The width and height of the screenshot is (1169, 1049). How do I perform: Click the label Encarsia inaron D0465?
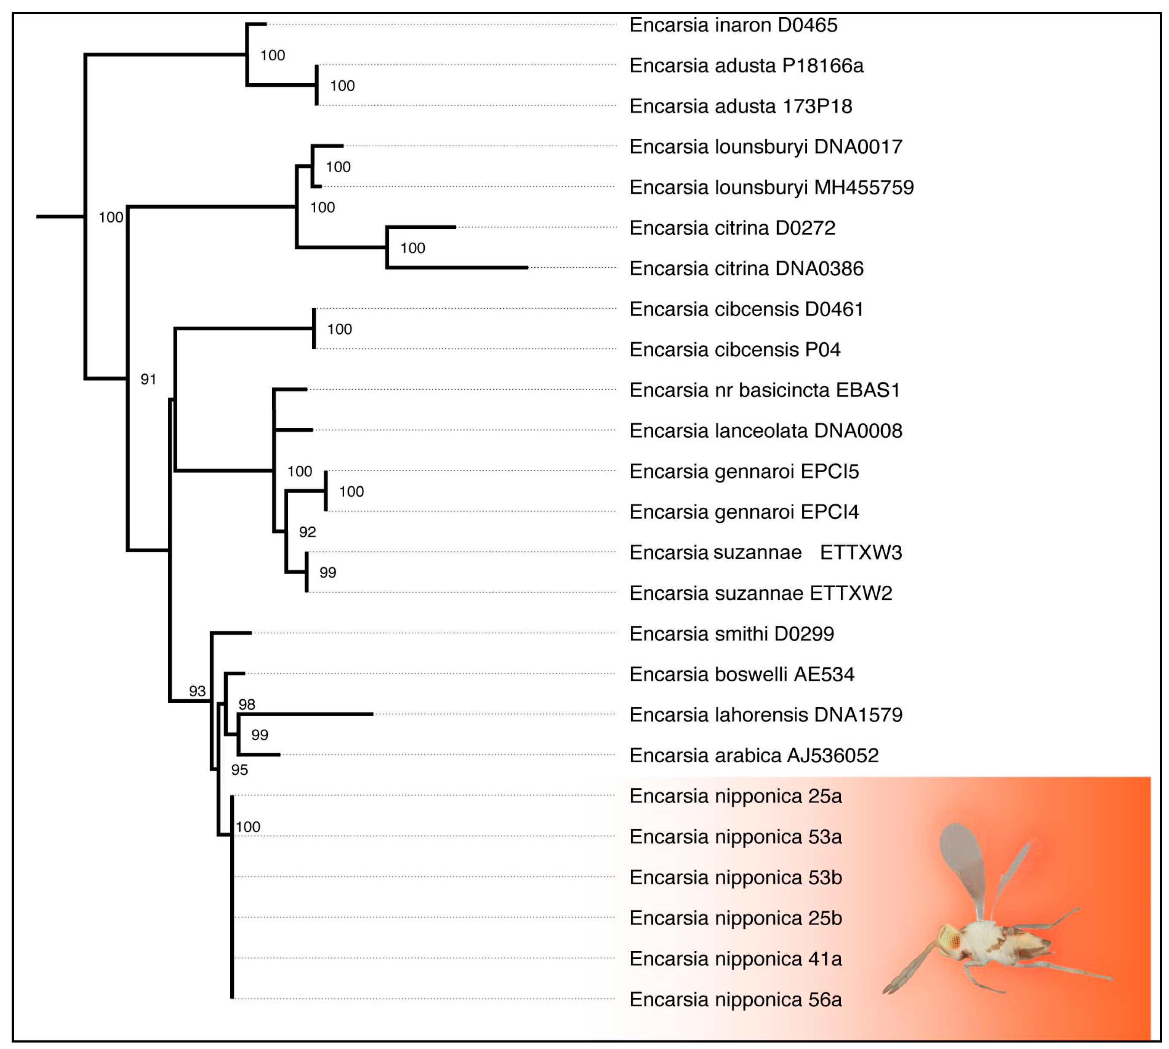click(x=733, y=25)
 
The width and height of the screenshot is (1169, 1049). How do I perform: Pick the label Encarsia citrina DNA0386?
click(x=746, y=269)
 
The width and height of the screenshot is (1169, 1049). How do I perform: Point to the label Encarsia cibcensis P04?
click(x=734, y=350)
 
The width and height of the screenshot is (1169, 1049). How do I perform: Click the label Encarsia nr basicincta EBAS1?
click(x=765, y=391)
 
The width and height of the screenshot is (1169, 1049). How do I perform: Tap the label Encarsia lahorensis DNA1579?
click(x=765, y=715)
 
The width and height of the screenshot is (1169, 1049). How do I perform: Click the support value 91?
click(x=148, y=379)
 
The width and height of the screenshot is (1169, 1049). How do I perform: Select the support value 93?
click(x=197, y=691)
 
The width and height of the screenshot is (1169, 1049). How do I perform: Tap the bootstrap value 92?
click(x=307, y=532)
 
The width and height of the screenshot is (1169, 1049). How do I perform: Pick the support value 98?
click(x=247, y=705)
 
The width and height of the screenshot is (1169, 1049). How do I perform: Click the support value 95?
click(x=239, y=770)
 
